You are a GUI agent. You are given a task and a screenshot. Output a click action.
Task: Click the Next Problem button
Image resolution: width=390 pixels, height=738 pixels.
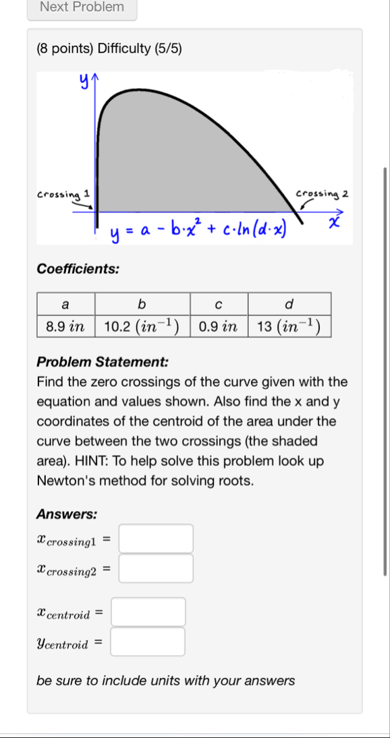point(82,7)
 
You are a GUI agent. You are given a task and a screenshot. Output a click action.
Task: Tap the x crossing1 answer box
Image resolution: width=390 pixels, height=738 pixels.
point(157,539)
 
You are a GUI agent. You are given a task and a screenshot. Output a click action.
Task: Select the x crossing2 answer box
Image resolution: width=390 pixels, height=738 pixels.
point(157,568)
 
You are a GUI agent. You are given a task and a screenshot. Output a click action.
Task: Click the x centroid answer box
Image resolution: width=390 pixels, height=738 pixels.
point(148,612)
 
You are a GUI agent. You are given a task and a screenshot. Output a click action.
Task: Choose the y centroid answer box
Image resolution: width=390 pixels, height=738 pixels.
point(148,642)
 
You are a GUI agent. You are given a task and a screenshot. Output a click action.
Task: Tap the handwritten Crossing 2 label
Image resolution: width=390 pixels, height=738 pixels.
point(322,194)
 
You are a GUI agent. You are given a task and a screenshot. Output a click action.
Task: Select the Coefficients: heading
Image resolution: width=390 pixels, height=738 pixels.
point(78,269)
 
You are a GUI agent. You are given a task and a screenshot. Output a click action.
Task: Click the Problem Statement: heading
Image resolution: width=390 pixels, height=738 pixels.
point(103,361)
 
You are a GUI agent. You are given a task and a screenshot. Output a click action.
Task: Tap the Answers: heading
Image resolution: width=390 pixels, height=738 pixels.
point(67,514)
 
